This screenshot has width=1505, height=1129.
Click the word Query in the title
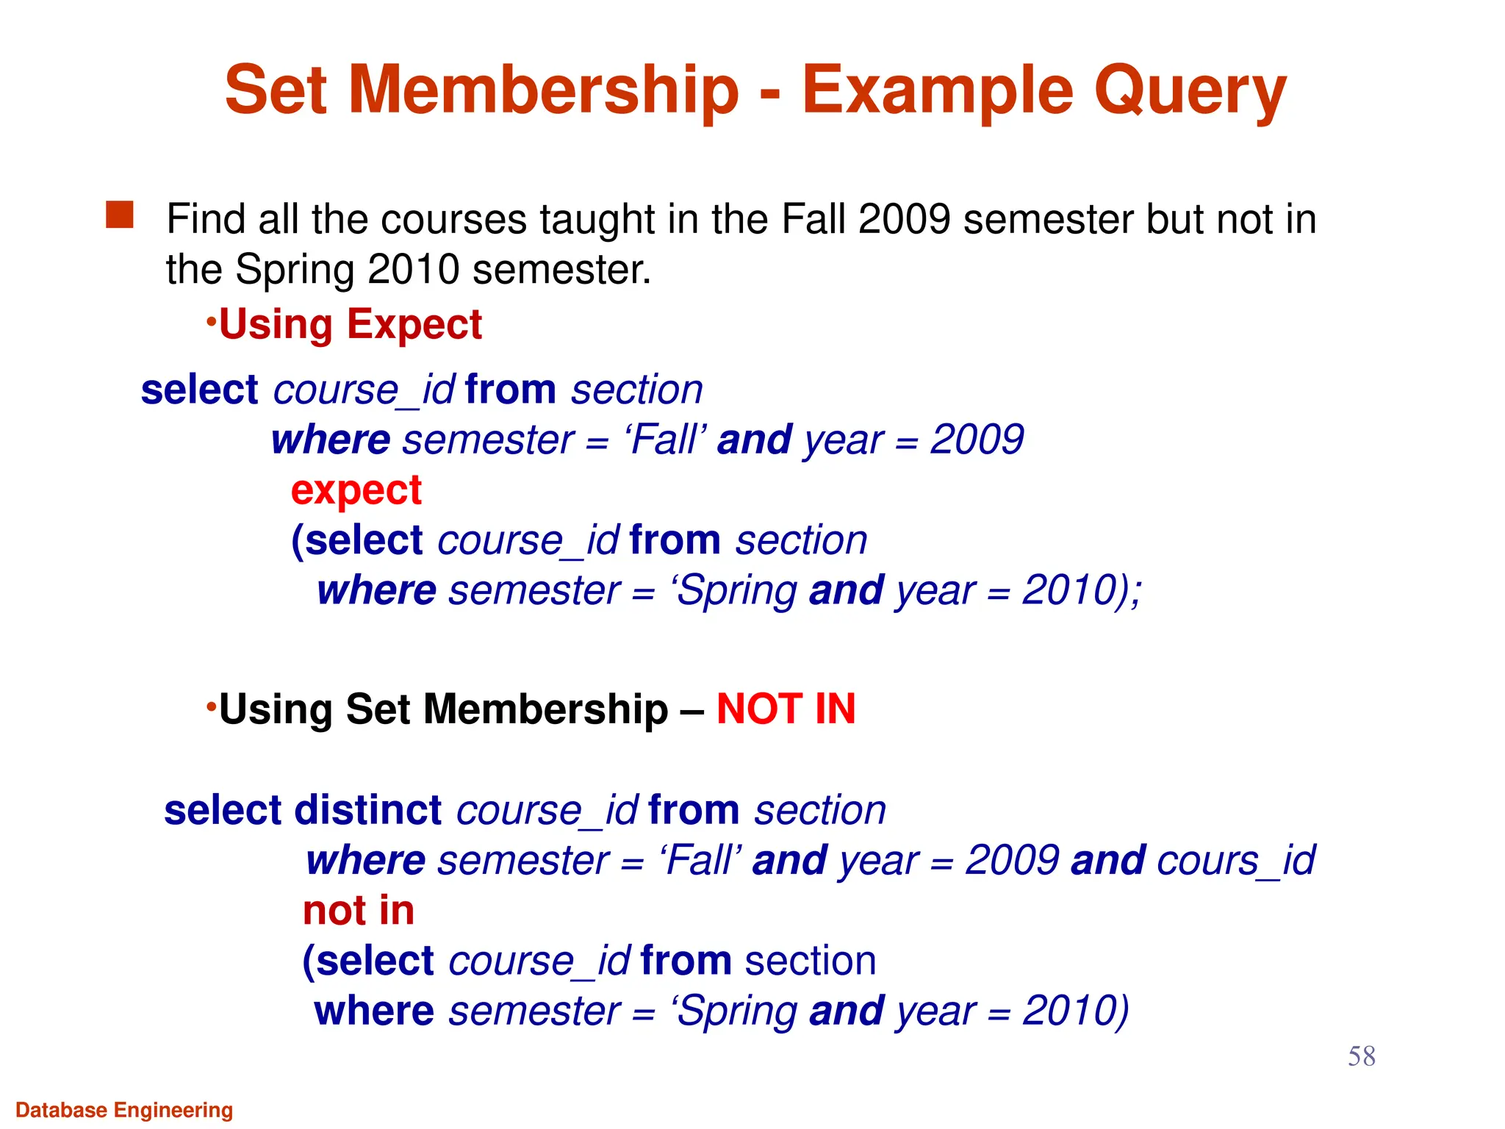coord(1190,92)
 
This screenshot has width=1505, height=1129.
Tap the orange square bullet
coord(120,215)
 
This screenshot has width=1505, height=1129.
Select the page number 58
coord(1361,1056)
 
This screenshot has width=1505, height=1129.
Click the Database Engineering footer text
coord(124,1110)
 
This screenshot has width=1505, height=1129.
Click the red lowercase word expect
coord(356,490)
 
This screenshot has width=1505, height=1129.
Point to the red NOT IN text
coord(786,709)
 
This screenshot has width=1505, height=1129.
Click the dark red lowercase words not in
coord(359,911)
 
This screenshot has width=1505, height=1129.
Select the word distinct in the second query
coord(368,810)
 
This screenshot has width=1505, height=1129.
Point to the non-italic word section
coord(811,961)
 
